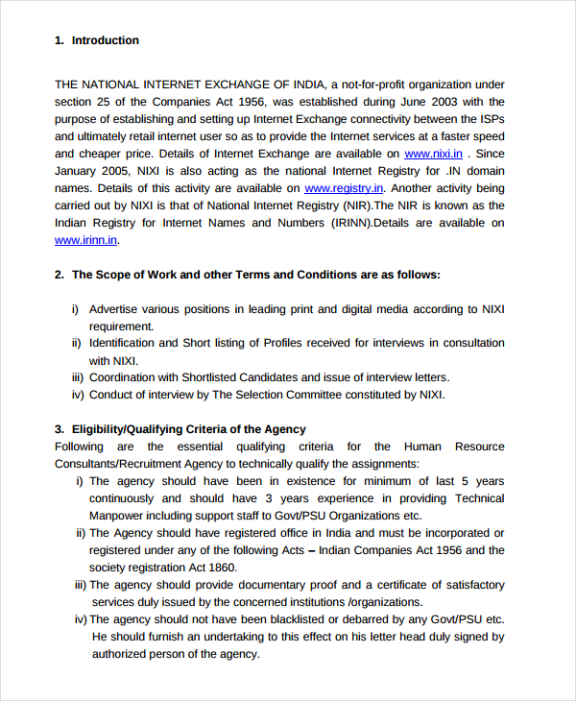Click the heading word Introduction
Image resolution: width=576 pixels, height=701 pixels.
click(x=106, y=40)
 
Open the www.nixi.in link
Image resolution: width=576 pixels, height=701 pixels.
click(x=433, y=154)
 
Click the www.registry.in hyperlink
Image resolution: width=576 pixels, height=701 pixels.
click(x=345, y=188)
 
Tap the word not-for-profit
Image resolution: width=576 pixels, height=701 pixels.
click(x=378, y=85)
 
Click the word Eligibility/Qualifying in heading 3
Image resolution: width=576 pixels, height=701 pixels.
click(x=131, y=429)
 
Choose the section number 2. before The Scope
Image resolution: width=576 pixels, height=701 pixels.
click(x=60, y=275)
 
